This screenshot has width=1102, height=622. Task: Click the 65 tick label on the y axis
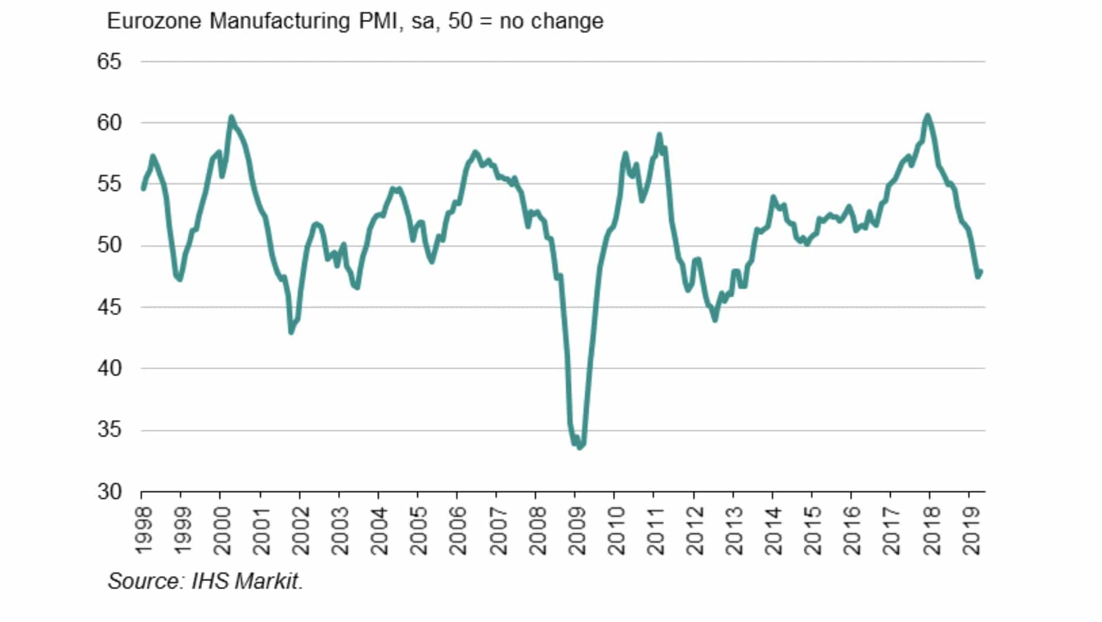[109, 61]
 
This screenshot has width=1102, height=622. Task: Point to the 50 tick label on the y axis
[109, 245]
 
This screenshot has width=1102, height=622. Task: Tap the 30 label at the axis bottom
[109, 491]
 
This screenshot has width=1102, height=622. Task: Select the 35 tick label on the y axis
[109, 429]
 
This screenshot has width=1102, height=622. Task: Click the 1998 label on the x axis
[143, 531]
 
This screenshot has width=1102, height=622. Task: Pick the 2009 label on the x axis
[577, 531]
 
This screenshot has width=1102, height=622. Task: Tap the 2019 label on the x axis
[972, 531]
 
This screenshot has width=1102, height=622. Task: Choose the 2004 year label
[380, 531]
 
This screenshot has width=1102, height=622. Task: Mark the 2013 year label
[735, 531]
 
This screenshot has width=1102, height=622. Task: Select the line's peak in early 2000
[231, 117]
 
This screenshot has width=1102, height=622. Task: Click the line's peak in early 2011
[659, 134]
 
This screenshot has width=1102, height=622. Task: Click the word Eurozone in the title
[155, 21]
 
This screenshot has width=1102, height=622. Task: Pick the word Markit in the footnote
[268, 581]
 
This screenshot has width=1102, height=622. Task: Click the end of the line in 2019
[981, 271]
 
